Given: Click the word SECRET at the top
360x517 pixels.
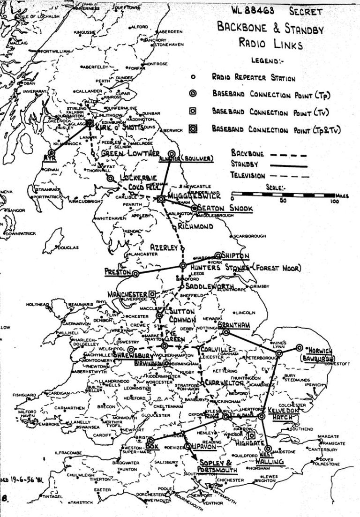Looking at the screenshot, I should pyautogui.click(x=306, y=11).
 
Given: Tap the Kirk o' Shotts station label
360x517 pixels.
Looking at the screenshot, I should pyautogui.click(x=112, y=127).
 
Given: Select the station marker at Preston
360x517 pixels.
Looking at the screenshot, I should pyautogui.click(x=135, y=273).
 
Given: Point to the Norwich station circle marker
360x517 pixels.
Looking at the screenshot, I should pyautogui.click(x=299, y=348).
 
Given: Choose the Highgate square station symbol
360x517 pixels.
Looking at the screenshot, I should pyautogui.click(x=251, y=435).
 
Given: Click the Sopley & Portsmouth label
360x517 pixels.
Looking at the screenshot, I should pyautogui.click(x=217, y=465).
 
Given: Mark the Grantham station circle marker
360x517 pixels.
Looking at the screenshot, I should pyautogui.click(x=226, y=332).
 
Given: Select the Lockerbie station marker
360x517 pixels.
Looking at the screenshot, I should pyautogui.click(x=110, y=179).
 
